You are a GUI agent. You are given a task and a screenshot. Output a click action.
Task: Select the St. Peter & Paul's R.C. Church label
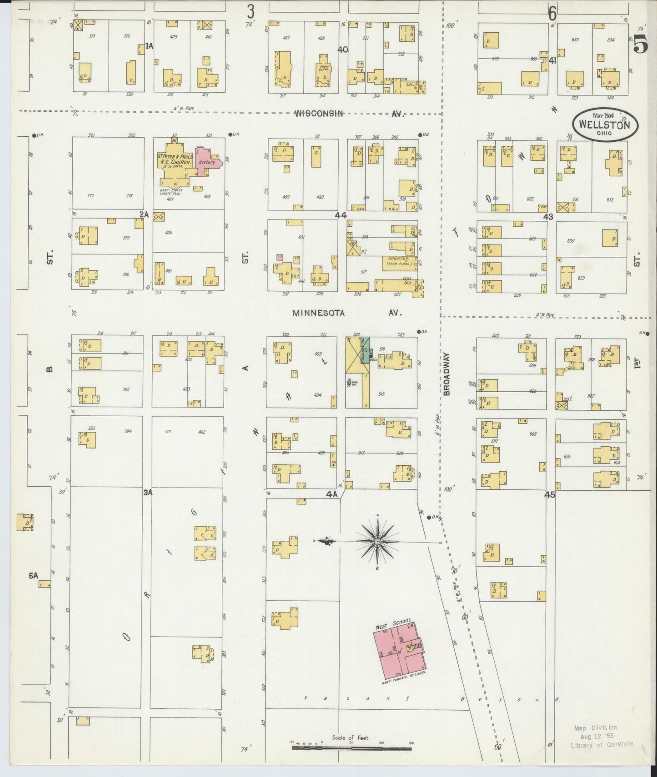175,161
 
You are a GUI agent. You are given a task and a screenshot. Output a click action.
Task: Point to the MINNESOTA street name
318,313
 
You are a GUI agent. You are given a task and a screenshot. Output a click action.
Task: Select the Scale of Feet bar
351,745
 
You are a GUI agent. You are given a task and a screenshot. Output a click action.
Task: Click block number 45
550,495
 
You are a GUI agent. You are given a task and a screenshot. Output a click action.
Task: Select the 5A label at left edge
34,576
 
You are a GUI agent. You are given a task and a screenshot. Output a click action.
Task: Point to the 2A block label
144,214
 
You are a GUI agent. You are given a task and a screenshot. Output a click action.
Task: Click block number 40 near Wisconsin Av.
342,49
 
